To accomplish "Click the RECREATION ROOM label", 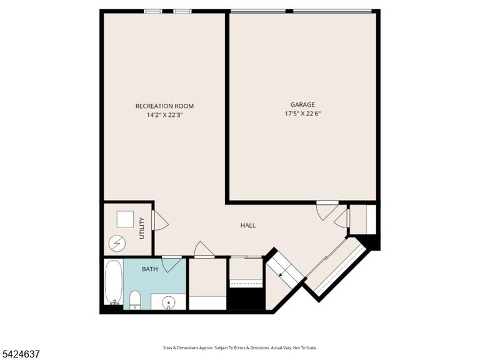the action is (x=164, y=106).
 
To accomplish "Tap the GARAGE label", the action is (x=302, y=105).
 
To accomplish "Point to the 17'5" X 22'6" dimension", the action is (x=302, y=114).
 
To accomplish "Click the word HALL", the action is (x=248, y=226).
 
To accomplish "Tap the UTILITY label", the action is (x=142, y=228).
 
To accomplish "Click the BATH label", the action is (x=150, y=269).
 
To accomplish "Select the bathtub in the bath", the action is (x=114, y=282).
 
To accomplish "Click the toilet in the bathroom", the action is (x=135, y=299).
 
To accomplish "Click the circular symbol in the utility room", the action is (x=117, y=243).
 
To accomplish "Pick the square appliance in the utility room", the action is (x=125, y=219).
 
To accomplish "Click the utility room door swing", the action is (x=160, y=221).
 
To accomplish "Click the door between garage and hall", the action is (x=327, y=211).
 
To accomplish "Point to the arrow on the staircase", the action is (x=281, y=274).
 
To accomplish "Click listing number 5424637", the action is (x=20, y=354).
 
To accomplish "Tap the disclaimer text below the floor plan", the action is (x=240, y=347).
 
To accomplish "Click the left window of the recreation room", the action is (x=153, y=12).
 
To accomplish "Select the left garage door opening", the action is (x=258, y=12).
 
